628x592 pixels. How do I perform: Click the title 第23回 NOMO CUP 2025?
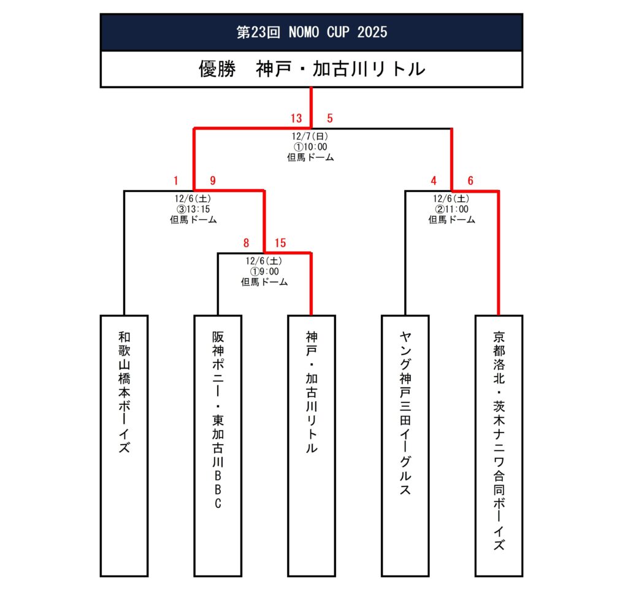coord(312,32)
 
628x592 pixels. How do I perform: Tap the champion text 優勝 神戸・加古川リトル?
coord(312,69)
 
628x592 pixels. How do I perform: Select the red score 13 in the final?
coord(297,118)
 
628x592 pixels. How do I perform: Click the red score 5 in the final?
coord(329,118)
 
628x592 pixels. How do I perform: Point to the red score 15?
coord(281,243)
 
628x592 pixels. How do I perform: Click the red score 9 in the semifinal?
coord(213,180)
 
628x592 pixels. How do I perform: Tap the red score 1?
coord(175,180)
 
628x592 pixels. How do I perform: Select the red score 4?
coord(434,180)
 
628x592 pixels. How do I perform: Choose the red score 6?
coord(470,180)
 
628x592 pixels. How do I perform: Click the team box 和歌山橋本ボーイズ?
coord(124,445)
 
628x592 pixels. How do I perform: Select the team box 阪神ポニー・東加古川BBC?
coord(218,445)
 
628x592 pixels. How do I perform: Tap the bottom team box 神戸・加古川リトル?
coord(312,445)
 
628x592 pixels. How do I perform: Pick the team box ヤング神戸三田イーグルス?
coord(405,445)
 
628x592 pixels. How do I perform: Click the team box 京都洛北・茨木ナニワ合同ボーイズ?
coord(499,445)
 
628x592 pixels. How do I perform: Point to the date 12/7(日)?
coord(312,137)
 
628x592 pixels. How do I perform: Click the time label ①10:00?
coord(312,147)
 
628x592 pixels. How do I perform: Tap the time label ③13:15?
coord(194,209)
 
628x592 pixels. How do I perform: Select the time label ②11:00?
coord(451,209)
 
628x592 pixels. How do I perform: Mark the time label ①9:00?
coord(264,272)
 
